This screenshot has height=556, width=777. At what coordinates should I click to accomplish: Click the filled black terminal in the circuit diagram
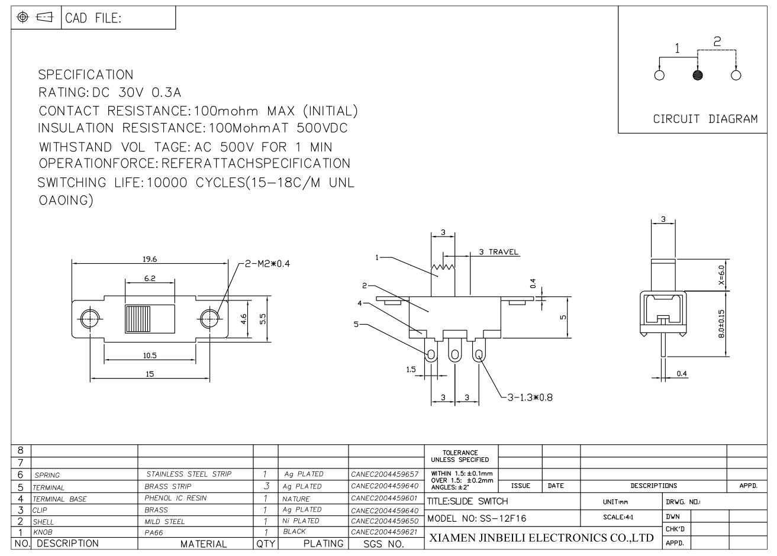(x=698, y=75)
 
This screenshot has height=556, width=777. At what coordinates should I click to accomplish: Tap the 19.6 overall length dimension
(x=150, y=259)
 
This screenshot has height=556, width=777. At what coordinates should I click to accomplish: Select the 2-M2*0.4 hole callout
(x=267, y=264)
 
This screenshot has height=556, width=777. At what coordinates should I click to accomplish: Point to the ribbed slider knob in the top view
(x=138, y=319)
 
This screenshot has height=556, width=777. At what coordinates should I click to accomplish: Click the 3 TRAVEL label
(x=499, y=252)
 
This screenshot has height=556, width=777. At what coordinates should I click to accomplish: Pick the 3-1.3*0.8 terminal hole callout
(x=530, y=397)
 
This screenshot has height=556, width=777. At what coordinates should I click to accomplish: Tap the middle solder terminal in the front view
(x=454, y=351)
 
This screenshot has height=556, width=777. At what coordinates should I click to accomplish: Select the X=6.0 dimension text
(x=721, y=275)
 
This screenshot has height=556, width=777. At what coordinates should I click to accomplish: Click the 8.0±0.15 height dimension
(x=721, y=324)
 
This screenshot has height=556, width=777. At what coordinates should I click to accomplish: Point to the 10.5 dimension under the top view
(x=150, y=355)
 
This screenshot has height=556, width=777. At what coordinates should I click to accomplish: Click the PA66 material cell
(x=154, y=533)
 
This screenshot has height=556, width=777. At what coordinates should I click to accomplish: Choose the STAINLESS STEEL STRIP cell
(x=189, y=474)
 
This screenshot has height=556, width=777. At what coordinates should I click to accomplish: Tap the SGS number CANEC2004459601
(x=384, y=498)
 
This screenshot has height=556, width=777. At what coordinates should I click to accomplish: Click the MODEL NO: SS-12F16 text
(x=477, y=519)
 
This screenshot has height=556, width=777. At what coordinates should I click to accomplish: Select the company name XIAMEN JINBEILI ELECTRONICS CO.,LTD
(x=541, y=538)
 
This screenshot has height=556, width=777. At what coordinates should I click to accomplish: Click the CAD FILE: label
(x=94, y=18)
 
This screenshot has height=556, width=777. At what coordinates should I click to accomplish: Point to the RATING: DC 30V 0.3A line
(x=109, y=92)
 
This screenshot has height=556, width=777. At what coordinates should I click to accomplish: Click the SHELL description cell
(x=43, y=522)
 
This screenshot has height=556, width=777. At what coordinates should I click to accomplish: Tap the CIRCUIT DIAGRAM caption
(x=705, y=119)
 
